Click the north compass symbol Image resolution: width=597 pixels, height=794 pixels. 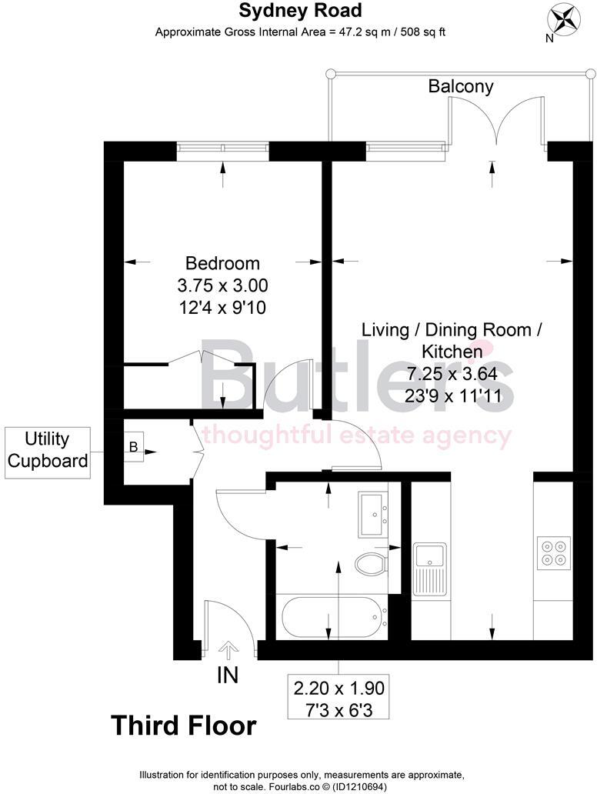point(563,19)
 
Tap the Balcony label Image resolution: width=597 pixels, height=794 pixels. point(461,86)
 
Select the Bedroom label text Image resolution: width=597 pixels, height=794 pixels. point(222,263)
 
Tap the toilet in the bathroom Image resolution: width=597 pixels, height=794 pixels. point(373,565)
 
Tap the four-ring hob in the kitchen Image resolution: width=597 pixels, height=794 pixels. point(552,550)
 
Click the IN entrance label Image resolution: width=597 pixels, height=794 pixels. point(228,676)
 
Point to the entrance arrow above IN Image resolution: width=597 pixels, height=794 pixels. point(228,650)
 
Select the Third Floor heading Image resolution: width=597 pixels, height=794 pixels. point(183,725)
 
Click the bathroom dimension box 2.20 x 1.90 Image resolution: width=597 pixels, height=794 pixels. point(338,696)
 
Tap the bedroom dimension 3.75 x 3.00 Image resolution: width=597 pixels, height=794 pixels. point(222,285)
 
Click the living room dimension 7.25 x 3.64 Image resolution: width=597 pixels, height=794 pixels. point(452,374)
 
